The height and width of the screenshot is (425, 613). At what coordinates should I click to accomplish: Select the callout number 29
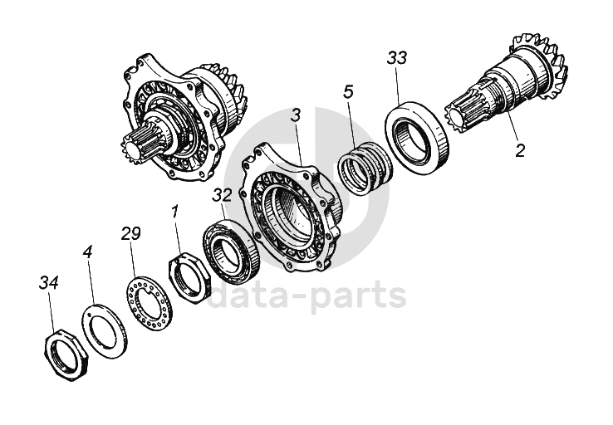coord(130,233)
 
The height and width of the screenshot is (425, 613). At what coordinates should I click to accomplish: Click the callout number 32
coord(221,195)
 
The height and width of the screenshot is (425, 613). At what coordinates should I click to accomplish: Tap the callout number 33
coord(397,59)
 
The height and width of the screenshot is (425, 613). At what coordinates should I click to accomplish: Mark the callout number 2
coord(519,151)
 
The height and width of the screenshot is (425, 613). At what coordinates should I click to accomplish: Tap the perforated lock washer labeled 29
coord(147,300)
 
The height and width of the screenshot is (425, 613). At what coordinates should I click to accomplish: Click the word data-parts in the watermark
coord(306,296)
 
